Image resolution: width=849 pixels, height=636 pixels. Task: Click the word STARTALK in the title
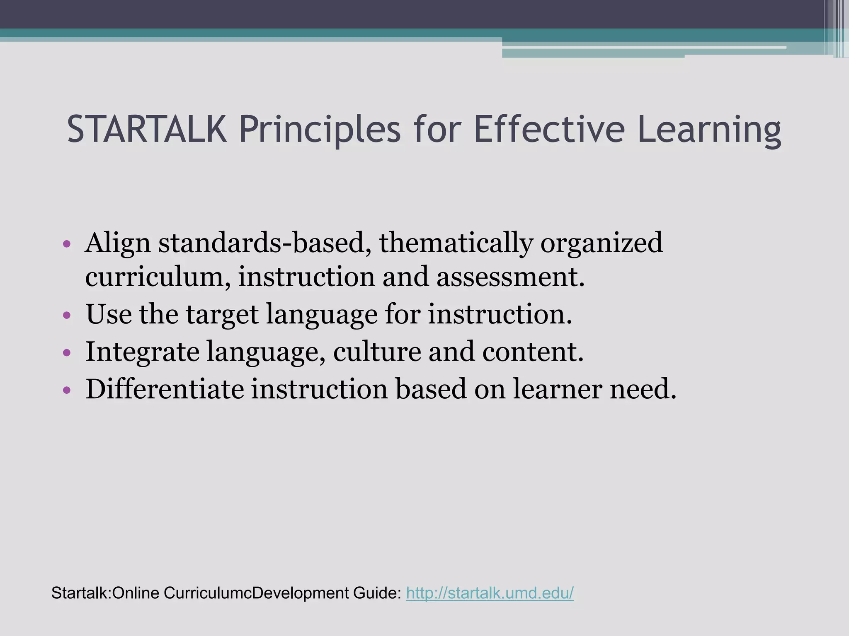click(147, 130)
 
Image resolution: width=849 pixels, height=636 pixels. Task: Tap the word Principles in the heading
click(320, 130)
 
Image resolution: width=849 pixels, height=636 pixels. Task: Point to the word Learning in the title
click(709, 130)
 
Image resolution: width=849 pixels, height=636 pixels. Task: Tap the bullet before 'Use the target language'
click(67, 316)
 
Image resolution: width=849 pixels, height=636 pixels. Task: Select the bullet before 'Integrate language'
click(67, 353)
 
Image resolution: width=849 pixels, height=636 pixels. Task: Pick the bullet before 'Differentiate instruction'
click(67, 390)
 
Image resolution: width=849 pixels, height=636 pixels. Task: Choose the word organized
click(601, 243)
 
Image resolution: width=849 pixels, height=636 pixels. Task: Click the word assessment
click(510, 277)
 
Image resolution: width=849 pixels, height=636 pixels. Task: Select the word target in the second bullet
click(222, 315)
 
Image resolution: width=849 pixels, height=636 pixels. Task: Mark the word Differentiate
click(165, 389)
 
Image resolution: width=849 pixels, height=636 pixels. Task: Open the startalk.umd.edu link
click(490, 593)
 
